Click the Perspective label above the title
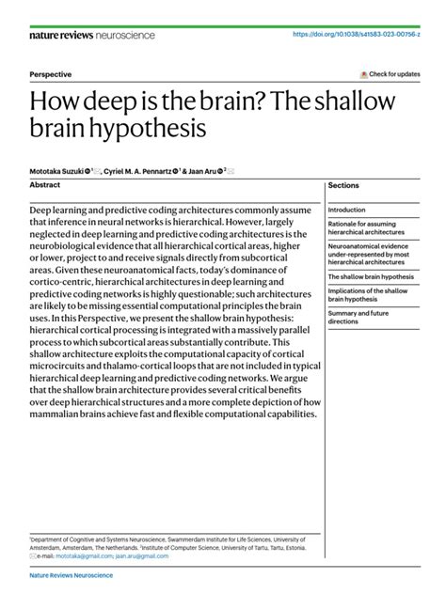(51, 74)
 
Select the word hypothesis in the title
(154, 126)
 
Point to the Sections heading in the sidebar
(343, 186)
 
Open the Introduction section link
(347, 210)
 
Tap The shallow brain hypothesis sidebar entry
(370, 278)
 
